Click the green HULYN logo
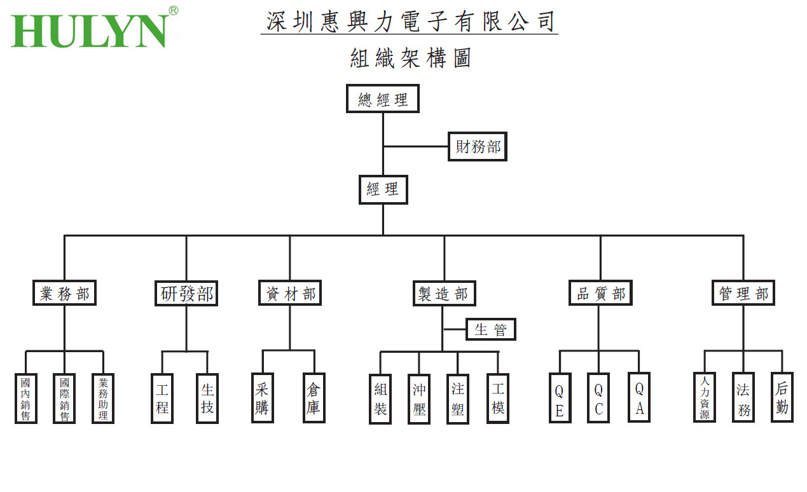(89, 31)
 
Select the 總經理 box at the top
(382, 99)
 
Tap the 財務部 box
(478, 147)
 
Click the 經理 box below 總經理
(383, 189)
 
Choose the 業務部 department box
(64, 294)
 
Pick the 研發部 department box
(186, 294)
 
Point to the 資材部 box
(289, 294)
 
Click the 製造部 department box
(443, 294)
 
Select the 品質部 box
(600, 294)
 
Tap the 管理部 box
(743, 294)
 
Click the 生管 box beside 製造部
(491, 329)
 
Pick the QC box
(598, 399)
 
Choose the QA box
(639, 398)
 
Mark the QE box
(560, 399)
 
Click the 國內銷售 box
(26, 399)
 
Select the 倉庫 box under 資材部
(314, 398)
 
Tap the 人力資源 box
(705, 398)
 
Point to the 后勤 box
(782, 398)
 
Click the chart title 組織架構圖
(410, 58)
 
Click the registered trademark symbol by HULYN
(173, 10)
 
